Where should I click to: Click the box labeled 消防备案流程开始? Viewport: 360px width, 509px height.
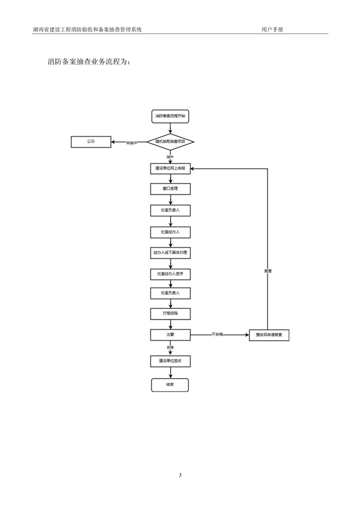click(170, 116)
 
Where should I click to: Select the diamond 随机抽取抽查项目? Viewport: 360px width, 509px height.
click(170, 142)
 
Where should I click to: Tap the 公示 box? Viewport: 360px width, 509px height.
click(91, 142)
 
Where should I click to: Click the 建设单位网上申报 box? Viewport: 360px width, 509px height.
click(170, 168)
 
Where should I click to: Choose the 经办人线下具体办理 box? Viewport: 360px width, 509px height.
click(170, 252)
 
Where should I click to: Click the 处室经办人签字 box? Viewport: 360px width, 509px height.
click(170, 273)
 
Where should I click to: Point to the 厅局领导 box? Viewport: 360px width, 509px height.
click(170, 313)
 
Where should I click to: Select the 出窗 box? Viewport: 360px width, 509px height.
click(170, 335)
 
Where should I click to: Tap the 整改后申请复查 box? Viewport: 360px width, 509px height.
click(269, 336)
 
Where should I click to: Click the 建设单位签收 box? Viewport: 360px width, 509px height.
click(170, 360)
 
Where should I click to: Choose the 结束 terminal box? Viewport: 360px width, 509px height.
click(170, 385)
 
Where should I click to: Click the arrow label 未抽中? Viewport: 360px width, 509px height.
click(132, 142)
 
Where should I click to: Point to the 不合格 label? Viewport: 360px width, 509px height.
click(218, 334)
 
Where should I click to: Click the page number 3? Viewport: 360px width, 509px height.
click(180, 475)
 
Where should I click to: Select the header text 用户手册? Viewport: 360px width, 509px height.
click(272, 29)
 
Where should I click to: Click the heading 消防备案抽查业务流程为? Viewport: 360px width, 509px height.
click(89, 61)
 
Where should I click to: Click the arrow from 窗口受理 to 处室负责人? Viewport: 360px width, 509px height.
click(170, 200)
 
